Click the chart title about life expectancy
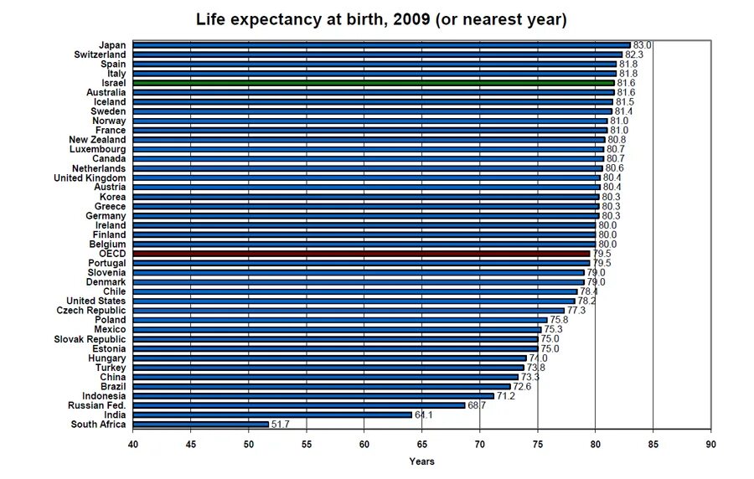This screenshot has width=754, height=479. (x=381, y=19)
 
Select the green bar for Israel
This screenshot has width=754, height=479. (x=374, y=83)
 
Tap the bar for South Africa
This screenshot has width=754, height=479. (x=200, y=425)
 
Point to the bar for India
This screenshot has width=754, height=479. (x=272, y=415)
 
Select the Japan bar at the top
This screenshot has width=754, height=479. (x=381, y=45)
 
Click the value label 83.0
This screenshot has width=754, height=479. (x=643, y=45)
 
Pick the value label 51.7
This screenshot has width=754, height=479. (x=281, y=425)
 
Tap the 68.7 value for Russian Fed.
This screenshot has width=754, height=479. (x=478, y=405)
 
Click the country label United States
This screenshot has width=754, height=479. (x=96, y=301)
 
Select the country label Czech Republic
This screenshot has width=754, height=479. (x=91, y=310)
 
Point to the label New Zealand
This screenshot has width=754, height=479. (x=97, y=140)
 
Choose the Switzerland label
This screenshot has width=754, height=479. (x=100, y=54)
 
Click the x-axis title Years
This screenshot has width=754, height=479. (x=421, y=461)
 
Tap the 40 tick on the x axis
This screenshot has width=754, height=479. (x=132, y=444)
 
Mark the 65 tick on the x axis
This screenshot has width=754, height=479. (x=421, y=444)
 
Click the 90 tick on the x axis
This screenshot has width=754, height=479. (x=710, y=444)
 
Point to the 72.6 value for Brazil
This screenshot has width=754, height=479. (x=523, y=387)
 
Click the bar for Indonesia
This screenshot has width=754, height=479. (x=313, y=396)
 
